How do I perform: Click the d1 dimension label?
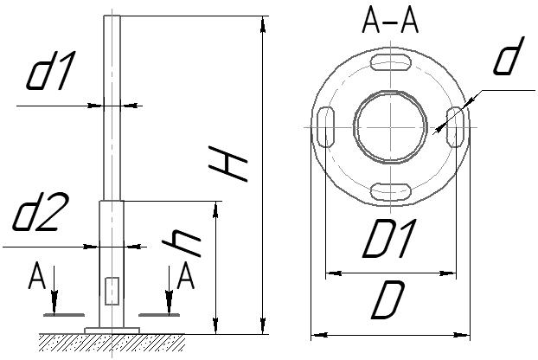[x=50, y=71]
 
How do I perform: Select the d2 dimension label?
[x=41, y=211]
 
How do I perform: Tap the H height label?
[x=227, y=164]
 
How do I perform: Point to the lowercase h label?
[x=181, y=242]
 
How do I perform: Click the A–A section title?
[x=390, y=22]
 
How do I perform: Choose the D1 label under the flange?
[x=390, y=239]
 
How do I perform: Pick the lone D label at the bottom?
[x=387, y=299]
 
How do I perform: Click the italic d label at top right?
[x=509, y=56]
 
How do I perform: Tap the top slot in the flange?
[x=390, y=63]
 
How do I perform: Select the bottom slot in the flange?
[x=390, y=191]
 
